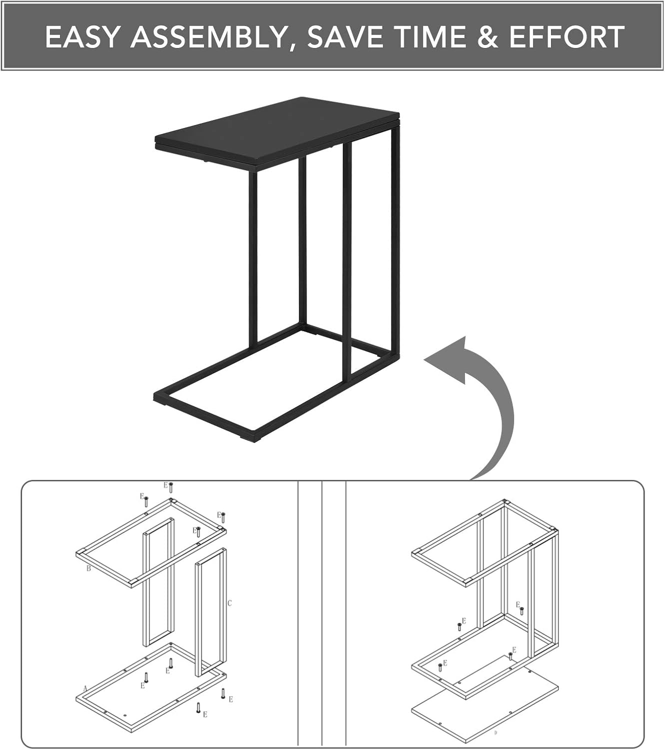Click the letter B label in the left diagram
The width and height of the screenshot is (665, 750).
[x=88, y=568]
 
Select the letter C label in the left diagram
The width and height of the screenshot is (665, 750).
[x=229, y=603]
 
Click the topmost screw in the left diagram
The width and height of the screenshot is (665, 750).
[x=170, y=487]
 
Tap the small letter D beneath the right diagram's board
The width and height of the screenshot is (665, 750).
[x=496, y=732]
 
